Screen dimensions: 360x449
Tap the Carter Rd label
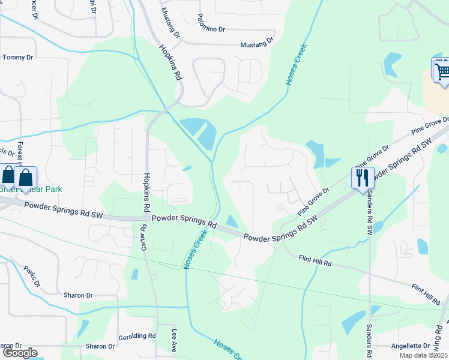pos(143,238)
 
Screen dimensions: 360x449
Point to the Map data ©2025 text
pos(423,356)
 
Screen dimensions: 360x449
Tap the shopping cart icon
pos(441,70)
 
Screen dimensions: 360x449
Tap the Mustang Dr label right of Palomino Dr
pos(256,44)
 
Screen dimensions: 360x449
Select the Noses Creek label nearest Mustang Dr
pos(296,64)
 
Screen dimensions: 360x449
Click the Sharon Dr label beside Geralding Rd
pos(100,346)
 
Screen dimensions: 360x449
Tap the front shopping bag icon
pos(26,178)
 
